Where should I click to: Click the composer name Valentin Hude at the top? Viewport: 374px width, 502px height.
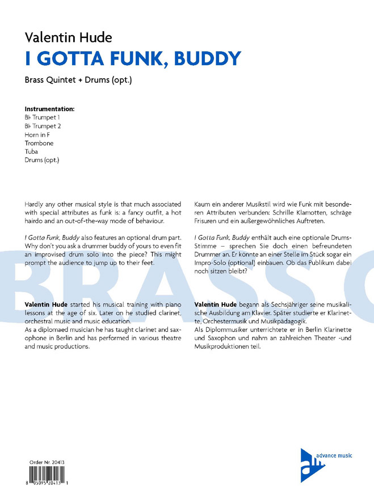coord(69,37)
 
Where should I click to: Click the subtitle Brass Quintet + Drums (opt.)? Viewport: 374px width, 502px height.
coord(78,80)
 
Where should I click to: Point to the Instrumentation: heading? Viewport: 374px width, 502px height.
coord(49,108)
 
